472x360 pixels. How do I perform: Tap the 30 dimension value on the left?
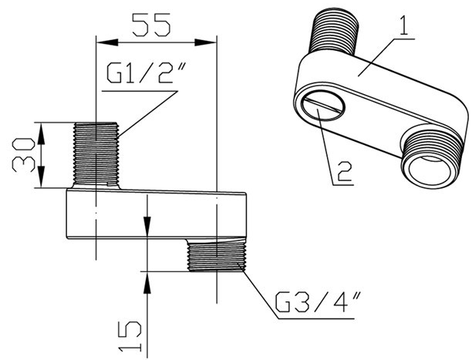coord(24,155)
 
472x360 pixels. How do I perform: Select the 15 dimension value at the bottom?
coord(132,331)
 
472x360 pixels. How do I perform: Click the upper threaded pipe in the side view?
coord(96,154)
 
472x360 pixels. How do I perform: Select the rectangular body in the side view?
coord(154,216)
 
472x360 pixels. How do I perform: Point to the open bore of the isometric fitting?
coord(430,157)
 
